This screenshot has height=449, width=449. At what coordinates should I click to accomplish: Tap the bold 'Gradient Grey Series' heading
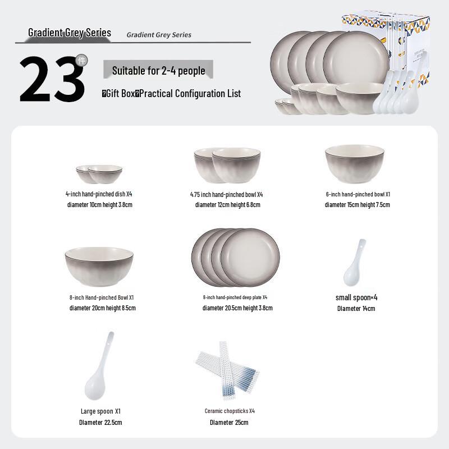tap(70, 33)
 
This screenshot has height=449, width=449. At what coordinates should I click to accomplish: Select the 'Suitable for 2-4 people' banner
tap(159, 71)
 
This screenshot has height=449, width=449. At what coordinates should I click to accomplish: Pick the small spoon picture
tap(355, 262)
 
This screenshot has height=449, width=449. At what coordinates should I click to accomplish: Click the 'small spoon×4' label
tap(356, 297)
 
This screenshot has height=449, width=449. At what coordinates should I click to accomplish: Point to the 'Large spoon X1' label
tap(100, 411)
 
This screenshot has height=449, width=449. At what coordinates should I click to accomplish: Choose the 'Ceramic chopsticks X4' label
tap(230, 411)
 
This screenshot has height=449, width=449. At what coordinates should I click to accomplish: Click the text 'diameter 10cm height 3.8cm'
tap(99, 205)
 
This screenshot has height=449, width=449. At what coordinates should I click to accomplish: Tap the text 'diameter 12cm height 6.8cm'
tap(227, 205)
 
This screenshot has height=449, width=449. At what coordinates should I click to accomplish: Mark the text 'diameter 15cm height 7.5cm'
tap(357, 205)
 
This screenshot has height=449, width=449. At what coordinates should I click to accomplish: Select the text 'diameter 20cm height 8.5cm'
tap(102, 308)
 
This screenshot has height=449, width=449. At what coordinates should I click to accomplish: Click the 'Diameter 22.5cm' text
tap(100, 422)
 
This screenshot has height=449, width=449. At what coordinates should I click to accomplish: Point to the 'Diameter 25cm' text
tap(229, 422)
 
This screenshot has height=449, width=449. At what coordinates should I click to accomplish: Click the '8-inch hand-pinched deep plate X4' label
tap(235, 297)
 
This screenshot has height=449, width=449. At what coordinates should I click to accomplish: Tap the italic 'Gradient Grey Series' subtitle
tap(159, 35)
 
